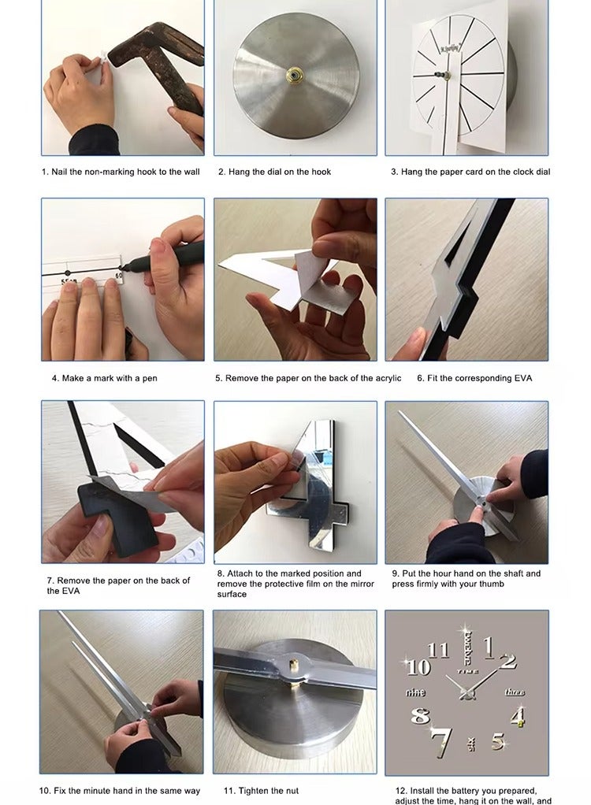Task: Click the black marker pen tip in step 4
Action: (x=123, y=267)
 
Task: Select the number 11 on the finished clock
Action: (x=438, y=650)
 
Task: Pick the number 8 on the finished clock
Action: (x=420, y=715)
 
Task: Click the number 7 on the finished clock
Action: (x=441, y=742)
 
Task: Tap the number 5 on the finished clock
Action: (x=497, y=741)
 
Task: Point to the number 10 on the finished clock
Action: (x=419, y=666)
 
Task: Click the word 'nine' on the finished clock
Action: (x=414, y=692)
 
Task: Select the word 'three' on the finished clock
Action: (x=515, y=692)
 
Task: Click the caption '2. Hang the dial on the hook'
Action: (x=275, y=172)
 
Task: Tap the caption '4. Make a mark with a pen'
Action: (x=104, y=378)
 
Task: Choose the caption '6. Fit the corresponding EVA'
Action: (x=474, y=378)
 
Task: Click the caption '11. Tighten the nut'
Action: (x=261, y=791)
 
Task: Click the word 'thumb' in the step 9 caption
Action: (x=492, y=584)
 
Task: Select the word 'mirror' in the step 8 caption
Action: (x=362, y=584)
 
